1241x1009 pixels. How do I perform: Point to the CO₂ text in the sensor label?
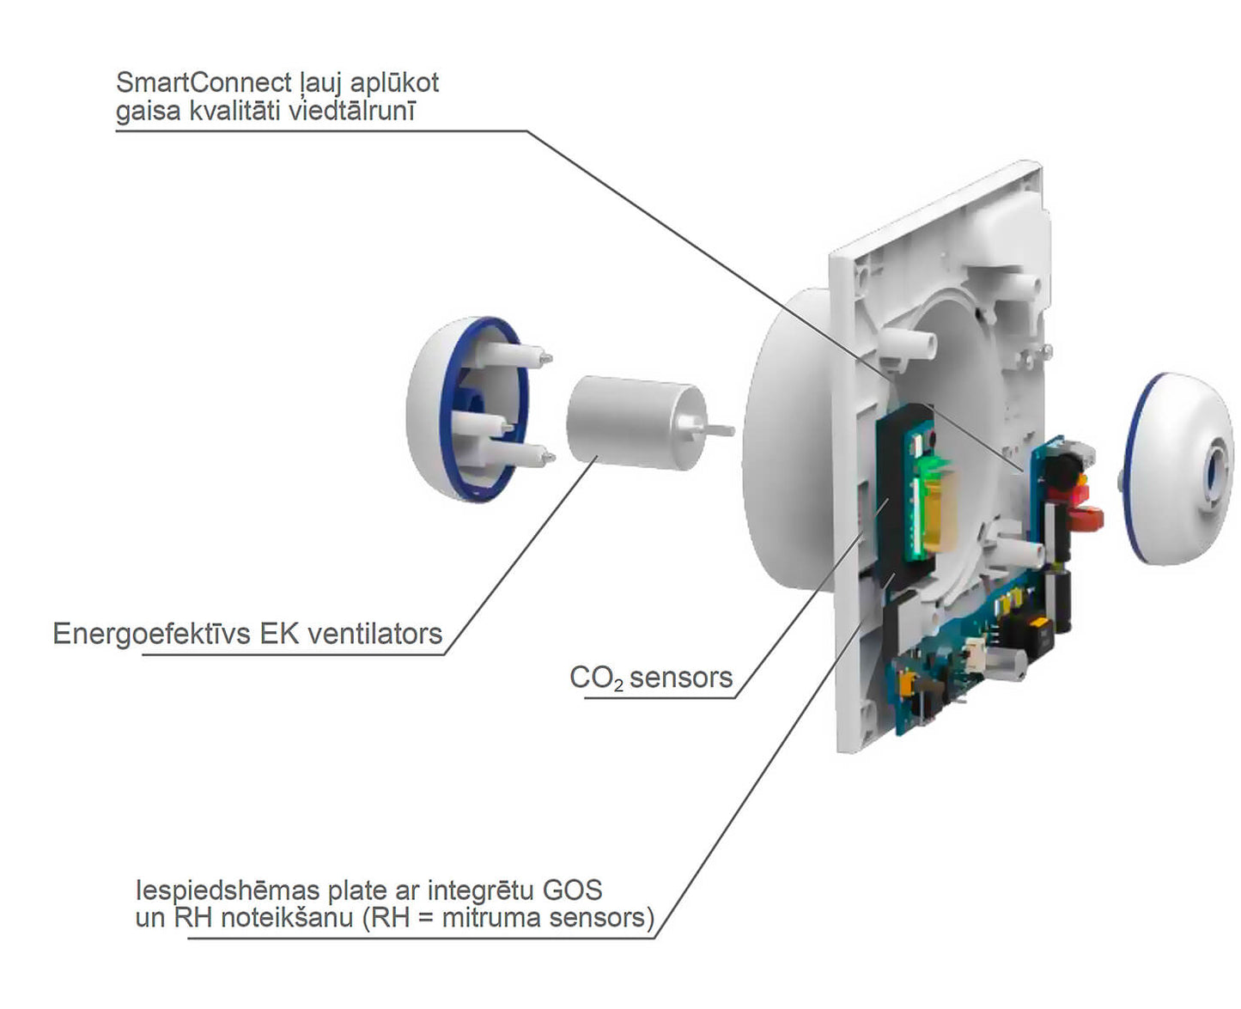pos(595,678)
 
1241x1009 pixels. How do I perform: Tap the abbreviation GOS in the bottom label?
pos(573,890)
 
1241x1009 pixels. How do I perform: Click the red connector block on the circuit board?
pos(1086,519)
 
